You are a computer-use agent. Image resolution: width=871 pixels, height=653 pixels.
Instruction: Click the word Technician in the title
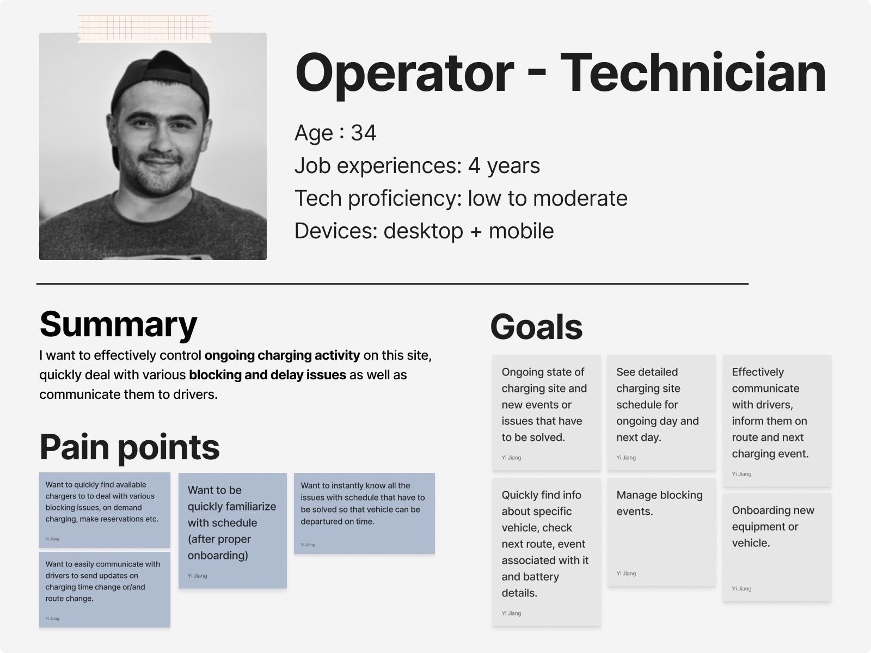tap(693, 73)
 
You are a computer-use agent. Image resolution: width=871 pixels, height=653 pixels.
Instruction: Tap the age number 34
tap(364, 133)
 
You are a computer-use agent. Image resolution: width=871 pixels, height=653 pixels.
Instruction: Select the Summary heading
tap(118, 325)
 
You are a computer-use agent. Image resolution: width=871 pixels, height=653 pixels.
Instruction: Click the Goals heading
tap(537, 327)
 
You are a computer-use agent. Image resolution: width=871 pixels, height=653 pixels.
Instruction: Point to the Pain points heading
tap(130, 448)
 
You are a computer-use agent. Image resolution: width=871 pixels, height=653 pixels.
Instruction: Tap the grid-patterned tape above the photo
tap(144, 28)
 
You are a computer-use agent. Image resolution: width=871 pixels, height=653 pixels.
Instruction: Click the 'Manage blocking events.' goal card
tap(661, 532)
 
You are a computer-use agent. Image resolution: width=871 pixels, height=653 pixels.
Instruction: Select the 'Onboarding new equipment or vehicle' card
tap(777, 547)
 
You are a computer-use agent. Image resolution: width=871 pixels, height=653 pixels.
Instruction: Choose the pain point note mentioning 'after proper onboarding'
tap(232, 531)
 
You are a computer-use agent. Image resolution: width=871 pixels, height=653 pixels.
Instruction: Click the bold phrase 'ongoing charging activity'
tap(282, 355)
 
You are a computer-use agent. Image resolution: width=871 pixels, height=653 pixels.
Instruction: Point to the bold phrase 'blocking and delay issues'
tap(267, 375)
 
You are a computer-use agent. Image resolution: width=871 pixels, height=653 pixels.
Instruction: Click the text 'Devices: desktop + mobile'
tap(424, 231)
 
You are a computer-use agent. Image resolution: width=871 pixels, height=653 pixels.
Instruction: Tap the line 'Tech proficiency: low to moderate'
tap(461, 198)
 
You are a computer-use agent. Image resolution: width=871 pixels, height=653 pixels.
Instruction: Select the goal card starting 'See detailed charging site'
tap(661, 412)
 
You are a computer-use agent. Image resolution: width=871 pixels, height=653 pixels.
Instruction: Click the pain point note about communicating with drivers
tap(105, 589)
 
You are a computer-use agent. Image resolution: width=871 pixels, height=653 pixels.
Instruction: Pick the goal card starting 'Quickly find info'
tap(547, 552)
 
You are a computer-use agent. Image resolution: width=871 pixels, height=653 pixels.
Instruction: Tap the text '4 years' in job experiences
tap(504, 166)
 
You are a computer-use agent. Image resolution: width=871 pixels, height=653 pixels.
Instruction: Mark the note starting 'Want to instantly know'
tap(364, 514)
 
